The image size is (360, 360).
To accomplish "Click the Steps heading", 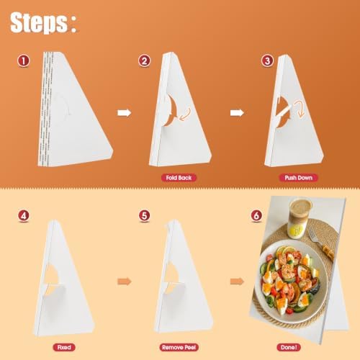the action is [x=43, y=22].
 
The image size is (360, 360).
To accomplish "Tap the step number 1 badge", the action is [x=23, y=60].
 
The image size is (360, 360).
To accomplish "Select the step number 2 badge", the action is [x=144, y=60].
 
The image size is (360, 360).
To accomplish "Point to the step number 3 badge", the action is [x=267, y=60].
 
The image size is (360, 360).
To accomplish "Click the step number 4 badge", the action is [x=24, y=216].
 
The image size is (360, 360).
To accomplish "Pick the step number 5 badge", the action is [x=144, y=216].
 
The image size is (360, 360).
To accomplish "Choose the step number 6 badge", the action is [x=256, y=216].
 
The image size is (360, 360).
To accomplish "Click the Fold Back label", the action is [x=179, y=178].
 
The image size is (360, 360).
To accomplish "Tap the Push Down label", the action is [x=298, y=178].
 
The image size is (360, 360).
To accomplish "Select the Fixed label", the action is [x=64, y=347].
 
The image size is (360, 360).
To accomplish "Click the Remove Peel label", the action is [x=179, y=347].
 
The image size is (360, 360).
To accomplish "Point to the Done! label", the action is [x=289, y=347].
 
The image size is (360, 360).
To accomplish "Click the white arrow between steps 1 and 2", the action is [x=125, y=113].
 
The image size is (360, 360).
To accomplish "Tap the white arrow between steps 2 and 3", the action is [x=237, y=113].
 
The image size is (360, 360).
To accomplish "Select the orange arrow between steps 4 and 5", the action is [x=125, y=282].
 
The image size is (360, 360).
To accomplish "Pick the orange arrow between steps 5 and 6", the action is [x=237, y=282].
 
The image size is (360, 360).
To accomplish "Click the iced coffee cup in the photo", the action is [x=300, y=217].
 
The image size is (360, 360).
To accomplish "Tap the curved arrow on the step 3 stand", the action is [x=301, y=109].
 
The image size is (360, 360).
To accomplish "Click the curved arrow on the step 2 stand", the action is [x=186, y=114].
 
